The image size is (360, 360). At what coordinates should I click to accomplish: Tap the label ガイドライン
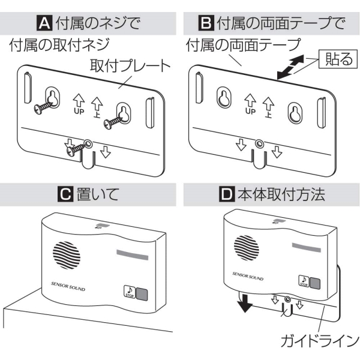pos(319,342)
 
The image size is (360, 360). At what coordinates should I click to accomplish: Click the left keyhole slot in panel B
pos(224,97)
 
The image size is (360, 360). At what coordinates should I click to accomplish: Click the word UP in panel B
pos(251,111)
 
